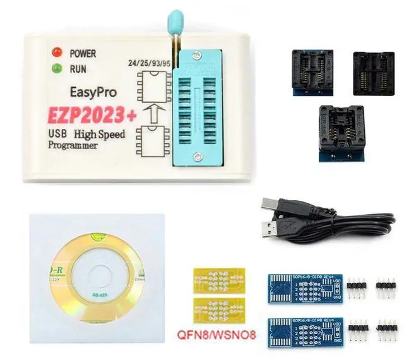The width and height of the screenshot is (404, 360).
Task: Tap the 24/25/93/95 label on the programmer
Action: click(148, 63)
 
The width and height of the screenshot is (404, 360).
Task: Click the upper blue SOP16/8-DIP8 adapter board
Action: click(305, 288)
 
